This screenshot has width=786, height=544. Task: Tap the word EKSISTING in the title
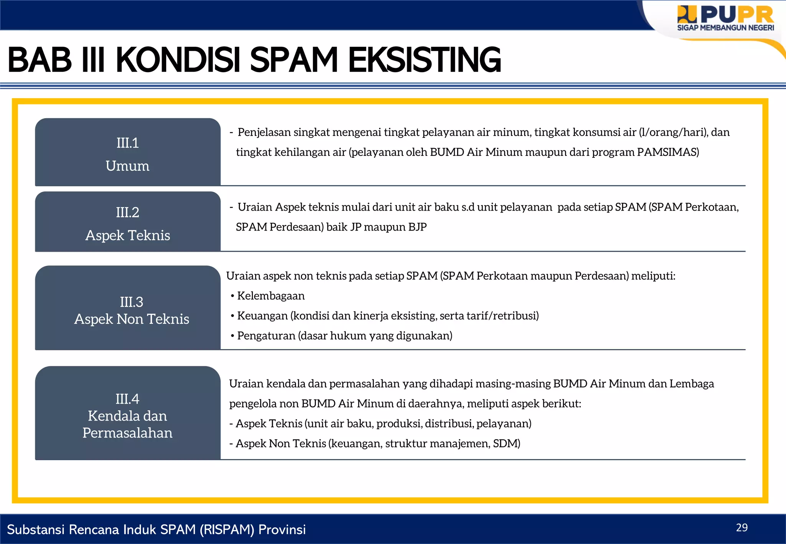[x=424, y=60]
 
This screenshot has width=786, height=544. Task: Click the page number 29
[x=741, y=528]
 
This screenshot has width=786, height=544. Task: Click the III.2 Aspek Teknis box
[x=127, y=223]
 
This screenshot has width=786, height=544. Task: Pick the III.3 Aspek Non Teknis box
[x=127, y=309]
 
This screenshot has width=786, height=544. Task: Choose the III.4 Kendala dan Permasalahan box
[x=127, y=414]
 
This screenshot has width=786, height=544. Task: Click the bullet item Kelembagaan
[x=271, y=296]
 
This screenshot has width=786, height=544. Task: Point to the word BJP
[x=417, y=227]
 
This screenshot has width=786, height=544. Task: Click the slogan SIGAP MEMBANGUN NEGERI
[x=725, y=28]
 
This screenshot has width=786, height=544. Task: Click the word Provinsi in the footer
[x=282, y=529]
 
